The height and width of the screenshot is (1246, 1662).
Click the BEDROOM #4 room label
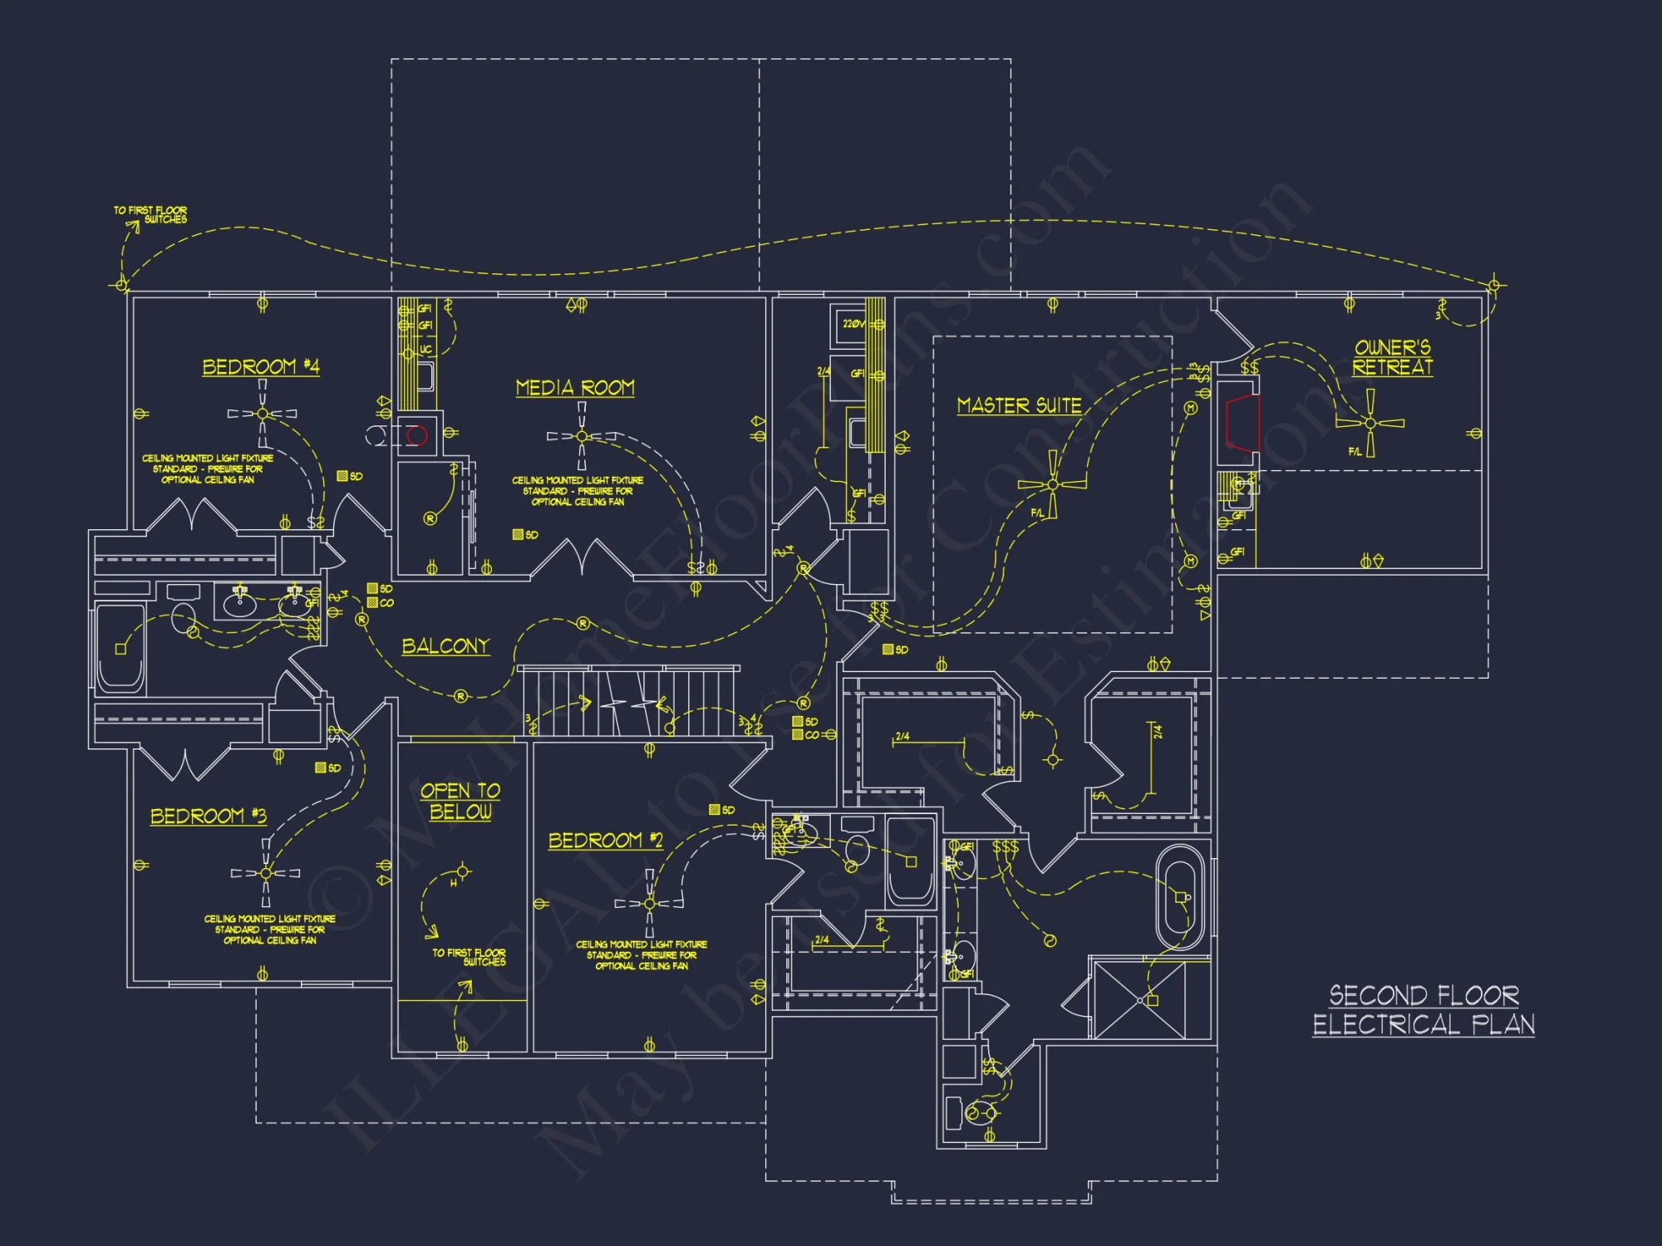(x=260, y=367)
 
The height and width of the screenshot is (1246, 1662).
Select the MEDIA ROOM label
(x=575, y=388)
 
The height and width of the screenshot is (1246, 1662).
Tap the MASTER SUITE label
(x=1019, y=405)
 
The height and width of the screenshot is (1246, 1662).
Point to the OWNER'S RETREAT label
(x=1393, y=357)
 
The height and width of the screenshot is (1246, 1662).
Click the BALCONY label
(x=445, y=646)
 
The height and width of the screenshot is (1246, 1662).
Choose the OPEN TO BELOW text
(x=460, y=802)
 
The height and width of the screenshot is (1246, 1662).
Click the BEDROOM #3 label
(x=208, y=817)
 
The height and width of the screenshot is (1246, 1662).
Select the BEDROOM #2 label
(x=605, y=841)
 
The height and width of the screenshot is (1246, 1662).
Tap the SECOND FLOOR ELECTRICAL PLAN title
(x=1424, y=1009)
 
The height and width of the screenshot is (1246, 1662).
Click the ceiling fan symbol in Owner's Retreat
(x=1369, y=423)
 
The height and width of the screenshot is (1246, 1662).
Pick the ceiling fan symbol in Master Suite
(x=1053, y=483)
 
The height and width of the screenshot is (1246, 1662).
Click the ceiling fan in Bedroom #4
(x=263, y=413)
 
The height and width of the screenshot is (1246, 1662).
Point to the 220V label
(x=853, y=324)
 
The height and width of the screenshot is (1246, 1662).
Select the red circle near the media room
(x=417, y=435)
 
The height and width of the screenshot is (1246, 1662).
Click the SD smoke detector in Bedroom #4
(x=349, y=476)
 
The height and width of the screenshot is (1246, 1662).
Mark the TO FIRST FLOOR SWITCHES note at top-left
(x=151, y=215)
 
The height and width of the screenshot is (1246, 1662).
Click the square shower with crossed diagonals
(x=1139, y=1000)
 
